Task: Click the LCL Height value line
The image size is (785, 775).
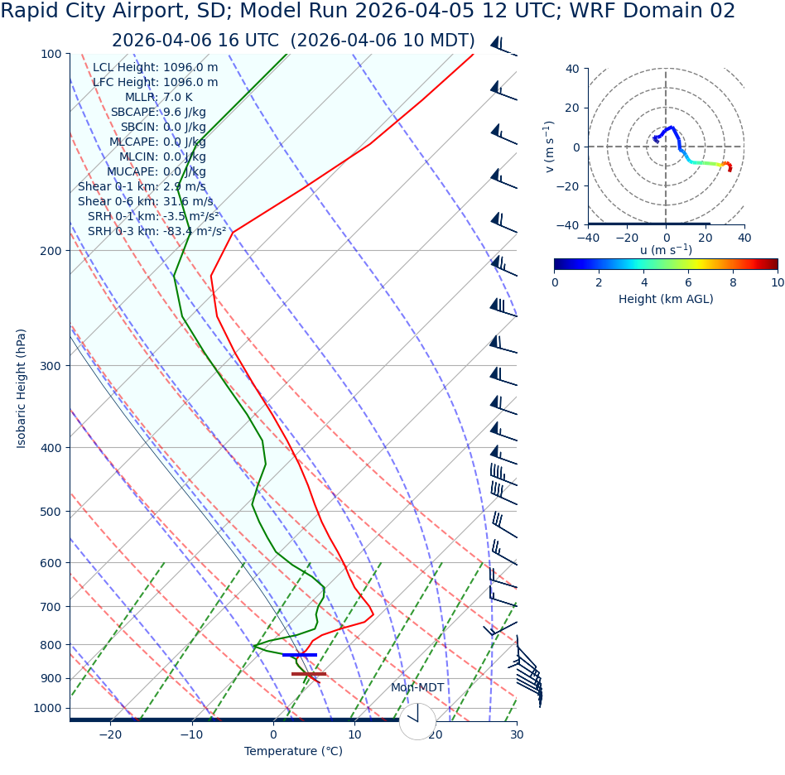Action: (x=155, y=68)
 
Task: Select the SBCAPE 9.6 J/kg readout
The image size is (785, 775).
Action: (x=158, y=113)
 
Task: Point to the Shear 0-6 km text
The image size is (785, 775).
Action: (x=145, y=202)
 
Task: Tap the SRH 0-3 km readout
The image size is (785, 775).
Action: (x=157, y=232)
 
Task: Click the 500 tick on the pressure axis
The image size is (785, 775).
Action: (x=51, y=512)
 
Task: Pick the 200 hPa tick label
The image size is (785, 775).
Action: (x=51, y=251)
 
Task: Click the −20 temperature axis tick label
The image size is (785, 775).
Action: (x=110, y=735)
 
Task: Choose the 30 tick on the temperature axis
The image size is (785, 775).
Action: (x=517, y=735)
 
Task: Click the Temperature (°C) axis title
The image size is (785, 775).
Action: (x=293, y=752)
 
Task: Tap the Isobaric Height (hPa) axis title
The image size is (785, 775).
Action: (x=22, y=388)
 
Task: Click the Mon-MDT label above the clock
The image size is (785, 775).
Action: (x=417, y=688)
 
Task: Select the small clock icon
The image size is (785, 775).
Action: (x=417, y=721)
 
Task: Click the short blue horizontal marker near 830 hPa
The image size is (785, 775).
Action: (x=299, y=655)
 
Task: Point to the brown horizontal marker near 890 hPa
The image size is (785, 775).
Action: (x=308, y=674)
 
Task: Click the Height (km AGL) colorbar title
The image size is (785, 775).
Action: (x=666, y=300)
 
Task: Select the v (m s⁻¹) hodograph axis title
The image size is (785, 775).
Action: (x=549, y=147)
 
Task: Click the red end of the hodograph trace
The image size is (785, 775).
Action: (x=730, y=169)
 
